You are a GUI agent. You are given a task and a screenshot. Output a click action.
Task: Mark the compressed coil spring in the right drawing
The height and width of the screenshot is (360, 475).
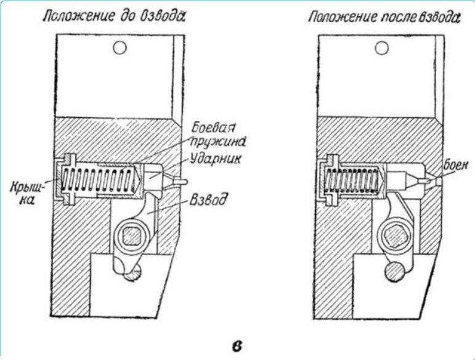tap(354, 180)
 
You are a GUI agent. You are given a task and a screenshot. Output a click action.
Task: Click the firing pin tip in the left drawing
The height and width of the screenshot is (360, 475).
tap(179, 182)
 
